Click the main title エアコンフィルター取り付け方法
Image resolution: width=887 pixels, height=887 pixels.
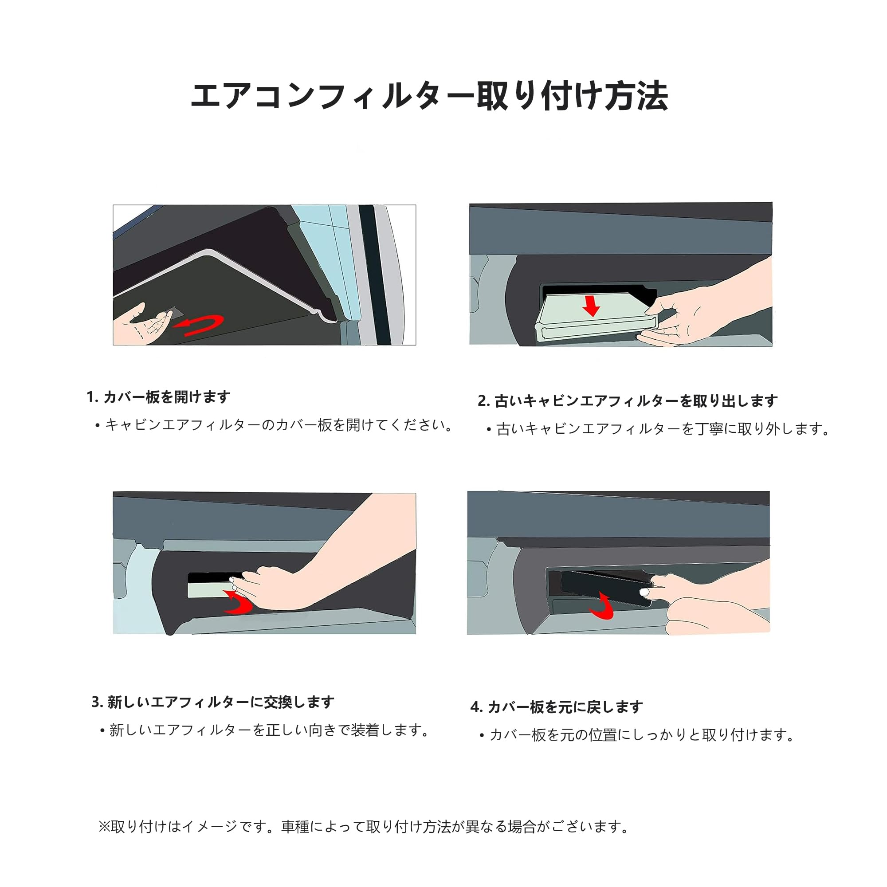(429, 96)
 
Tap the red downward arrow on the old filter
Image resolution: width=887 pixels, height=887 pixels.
(592, 306)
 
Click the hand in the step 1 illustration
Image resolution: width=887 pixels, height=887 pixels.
(142, 324)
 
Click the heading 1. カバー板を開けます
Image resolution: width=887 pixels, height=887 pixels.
(158, 396)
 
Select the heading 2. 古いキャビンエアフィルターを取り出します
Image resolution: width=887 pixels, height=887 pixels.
(628, 401)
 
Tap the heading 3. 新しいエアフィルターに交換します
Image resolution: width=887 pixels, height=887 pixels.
(213, 702)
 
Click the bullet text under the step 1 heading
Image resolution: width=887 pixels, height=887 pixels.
(274, 425)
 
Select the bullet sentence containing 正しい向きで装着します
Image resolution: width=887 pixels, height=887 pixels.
(265, 730)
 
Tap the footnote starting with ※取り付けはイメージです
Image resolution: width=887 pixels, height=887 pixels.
(364, 826)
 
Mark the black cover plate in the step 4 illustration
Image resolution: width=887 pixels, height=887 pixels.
(601, 585)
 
